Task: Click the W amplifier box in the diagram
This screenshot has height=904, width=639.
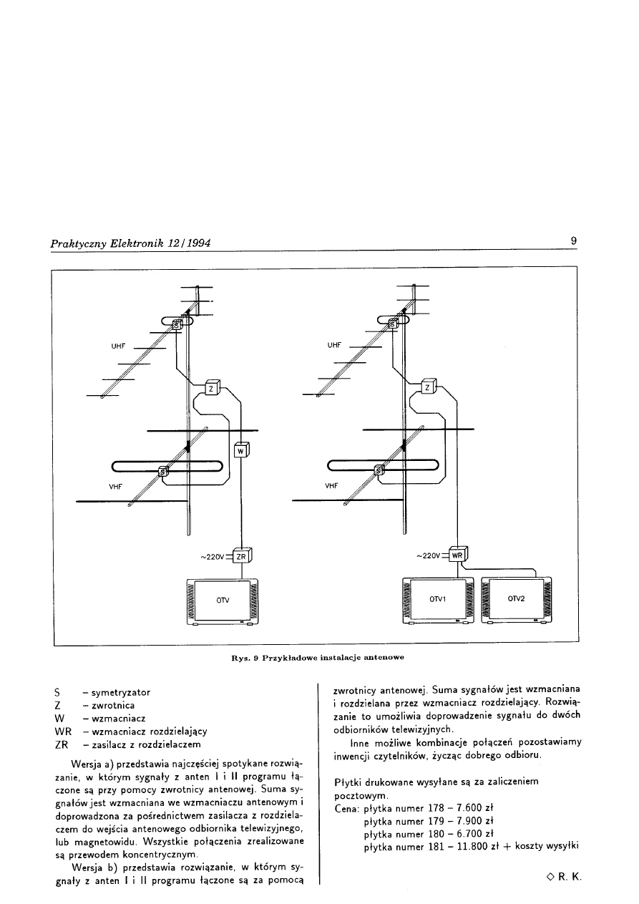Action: pos(241,451)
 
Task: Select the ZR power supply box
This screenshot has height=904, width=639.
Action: pos(242,557)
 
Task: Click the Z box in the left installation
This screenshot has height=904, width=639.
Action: pos(212,388)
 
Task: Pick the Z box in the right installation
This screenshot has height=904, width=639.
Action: pos(427,387)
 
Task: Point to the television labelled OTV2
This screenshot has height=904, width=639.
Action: pos(517,598)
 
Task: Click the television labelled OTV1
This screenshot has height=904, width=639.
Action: pos(438,598)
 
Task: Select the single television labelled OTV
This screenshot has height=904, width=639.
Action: pos(223,598)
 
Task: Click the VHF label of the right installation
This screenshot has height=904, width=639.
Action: pos(331,485)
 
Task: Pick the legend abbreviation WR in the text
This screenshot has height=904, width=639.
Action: pos(62,732)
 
